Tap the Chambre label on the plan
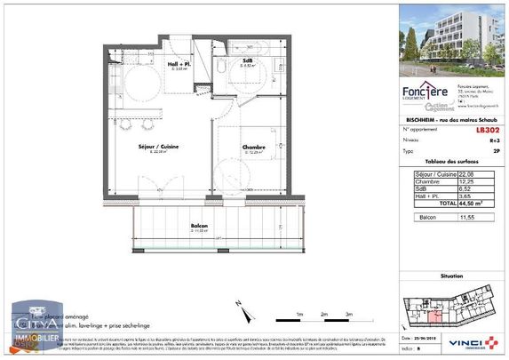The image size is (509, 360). [x=230, y=148]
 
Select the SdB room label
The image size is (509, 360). [x=250, y=60]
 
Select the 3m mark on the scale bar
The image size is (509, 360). [x=350, y=313]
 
